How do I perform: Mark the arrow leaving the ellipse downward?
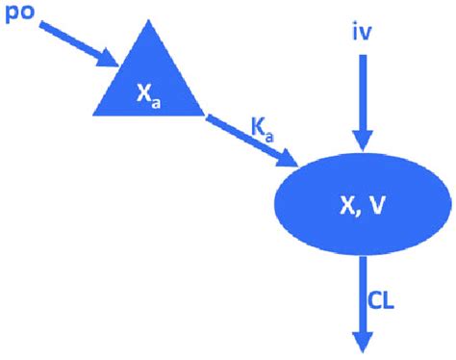click(x=363, y=298)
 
